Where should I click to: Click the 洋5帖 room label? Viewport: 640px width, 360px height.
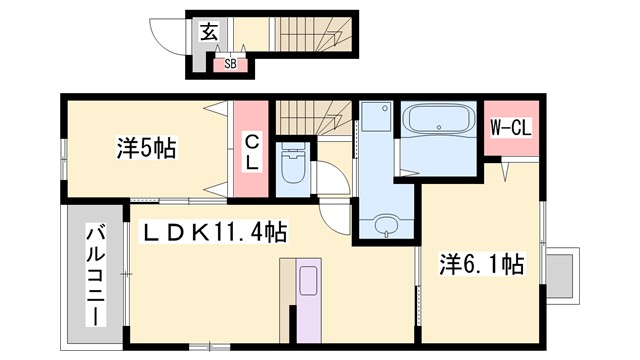146,149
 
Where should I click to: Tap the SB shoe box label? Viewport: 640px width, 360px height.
229,64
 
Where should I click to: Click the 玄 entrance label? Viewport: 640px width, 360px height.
208,31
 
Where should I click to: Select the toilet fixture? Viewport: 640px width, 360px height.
294,165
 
